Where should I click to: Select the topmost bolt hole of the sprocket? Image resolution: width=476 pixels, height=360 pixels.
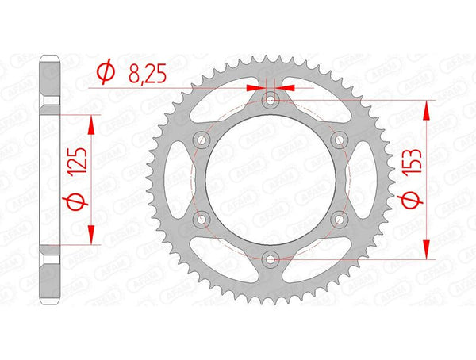point(270,101)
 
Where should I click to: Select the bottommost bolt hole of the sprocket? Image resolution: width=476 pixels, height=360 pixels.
point(270,258)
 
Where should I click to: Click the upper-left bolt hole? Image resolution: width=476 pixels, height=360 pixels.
point(201,140)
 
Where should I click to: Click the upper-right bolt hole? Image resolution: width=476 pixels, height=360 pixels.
point(340,140)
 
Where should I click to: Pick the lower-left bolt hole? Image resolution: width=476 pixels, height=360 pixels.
point(201,218)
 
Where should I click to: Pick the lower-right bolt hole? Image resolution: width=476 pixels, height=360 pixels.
point(340,218)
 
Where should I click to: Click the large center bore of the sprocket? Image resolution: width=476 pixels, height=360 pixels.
point(270,179)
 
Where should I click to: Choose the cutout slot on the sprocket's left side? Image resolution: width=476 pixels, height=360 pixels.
point(182,179)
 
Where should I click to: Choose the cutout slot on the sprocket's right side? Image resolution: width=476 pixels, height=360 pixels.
point(359,179)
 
